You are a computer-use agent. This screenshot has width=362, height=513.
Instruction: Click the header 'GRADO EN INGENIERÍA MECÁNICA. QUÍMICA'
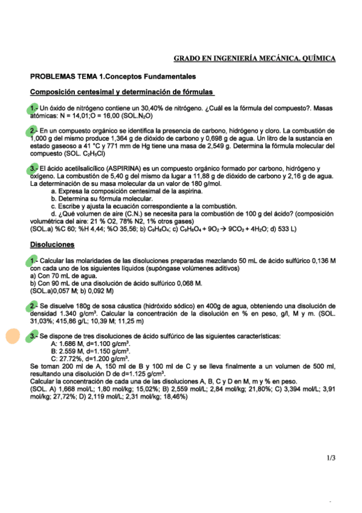tap(254, 59)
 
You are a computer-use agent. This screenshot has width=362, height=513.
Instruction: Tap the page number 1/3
tap(330, 459)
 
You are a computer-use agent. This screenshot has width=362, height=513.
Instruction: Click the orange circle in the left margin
tap(12, 336)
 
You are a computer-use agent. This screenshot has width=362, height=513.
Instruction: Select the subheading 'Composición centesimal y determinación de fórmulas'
tap(122, 93)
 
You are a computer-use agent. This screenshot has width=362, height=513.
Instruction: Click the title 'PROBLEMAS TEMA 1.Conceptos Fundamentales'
tap(112, 77)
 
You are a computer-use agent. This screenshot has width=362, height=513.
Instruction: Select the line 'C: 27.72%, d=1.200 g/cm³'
tap(91, 359)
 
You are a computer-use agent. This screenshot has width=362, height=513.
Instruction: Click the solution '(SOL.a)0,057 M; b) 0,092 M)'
tap(76, 290)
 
